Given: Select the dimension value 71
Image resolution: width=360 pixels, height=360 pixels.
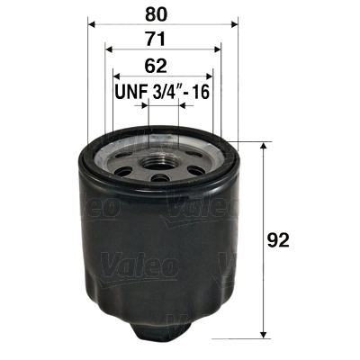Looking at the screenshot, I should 159,40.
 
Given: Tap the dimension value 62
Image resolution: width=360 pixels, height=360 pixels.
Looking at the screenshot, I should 159,65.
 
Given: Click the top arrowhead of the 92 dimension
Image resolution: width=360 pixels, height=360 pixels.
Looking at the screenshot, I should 263,146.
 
